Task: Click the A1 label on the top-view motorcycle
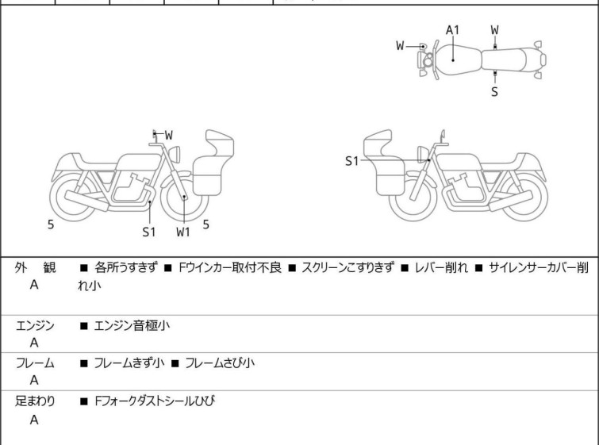[452, 30]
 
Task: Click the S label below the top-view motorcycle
[494, 91]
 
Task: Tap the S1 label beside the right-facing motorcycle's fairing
[351, 161]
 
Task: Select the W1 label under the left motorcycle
[183, 232]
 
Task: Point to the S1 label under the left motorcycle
[149, 232]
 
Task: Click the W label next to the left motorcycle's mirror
[168, 135]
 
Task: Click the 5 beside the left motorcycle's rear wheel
[51, 224]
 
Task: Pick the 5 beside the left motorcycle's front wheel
[205, 224]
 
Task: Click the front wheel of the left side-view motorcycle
[184, 197]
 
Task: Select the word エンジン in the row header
[35, 325]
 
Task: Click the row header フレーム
[35, 363]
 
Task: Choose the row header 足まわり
[35, 401]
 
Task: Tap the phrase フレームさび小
[220, 363]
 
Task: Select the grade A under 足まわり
[34, 420]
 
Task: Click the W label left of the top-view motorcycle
[401, 45]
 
